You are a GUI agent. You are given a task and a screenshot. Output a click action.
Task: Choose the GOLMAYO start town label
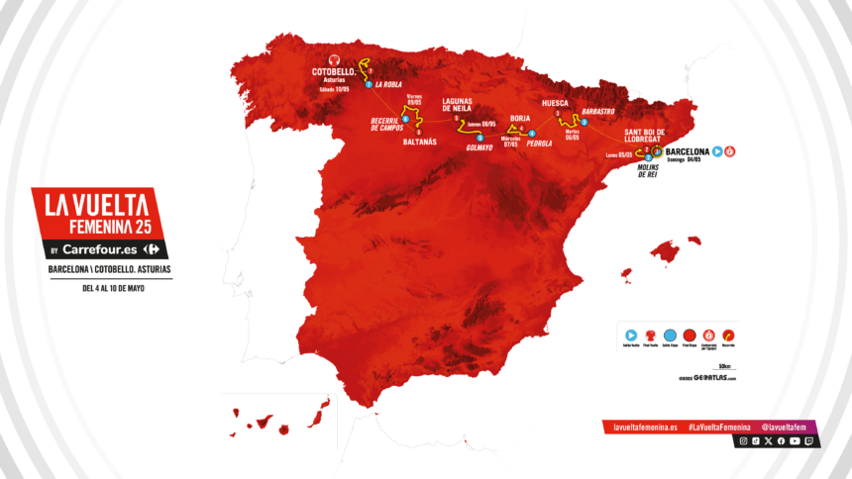(x=479, y=146)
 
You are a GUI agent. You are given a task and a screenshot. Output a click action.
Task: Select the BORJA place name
(x=519, y=119)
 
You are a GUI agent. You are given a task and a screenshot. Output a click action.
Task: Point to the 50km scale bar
(x=728, y=367)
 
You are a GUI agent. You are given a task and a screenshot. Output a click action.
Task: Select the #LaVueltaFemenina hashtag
(x=718, y=427)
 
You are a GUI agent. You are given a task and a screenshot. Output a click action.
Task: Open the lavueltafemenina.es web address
(x=645, y=427)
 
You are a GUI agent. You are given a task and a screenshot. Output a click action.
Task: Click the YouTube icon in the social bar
(x=796, y=441)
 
